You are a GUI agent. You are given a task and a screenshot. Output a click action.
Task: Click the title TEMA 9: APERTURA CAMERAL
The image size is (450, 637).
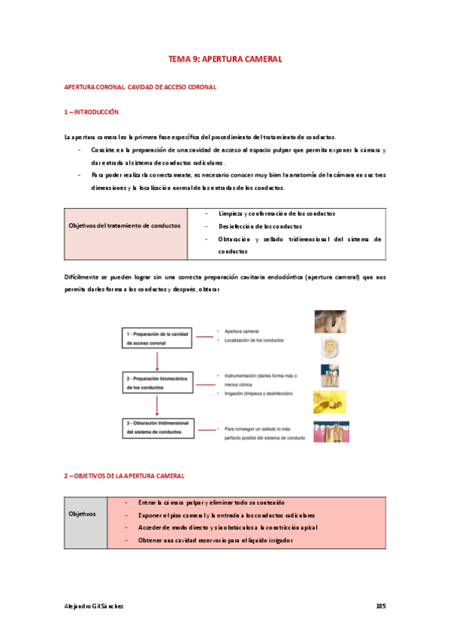225,59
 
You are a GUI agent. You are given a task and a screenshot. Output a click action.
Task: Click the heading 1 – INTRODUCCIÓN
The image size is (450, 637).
92,112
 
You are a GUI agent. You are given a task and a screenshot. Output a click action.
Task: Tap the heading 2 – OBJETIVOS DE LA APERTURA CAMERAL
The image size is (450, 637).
124,476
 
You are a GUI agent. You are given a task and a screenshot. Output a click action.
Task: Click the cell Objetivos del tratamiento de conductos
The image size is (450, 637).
125,225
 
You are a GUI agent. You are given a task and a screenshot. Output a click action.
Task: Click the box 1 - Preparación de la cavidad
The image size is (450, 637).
156,337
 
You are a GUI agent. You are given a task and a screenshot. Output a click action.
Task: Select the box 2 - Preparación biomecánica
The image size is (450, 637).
156,382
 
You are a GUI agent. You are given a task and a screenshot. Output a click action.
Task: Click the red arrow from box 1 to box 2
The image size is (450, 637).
156,358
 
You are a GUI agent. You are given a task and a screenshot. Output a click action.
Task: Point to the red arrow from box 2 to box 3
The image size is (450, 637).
156,404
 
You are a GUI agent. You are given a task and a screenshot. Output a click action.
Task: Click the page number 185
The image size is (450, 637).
380,605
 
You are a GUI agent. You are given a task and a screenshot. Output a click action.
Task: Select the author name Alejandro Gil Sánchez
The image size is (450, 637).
94,605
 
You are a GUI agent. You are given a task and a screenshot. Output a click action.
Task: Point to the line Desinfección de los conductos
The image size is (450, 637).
261,226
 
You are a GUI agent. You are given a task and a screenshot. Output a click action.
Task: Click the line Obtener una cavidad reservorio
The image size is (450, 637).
214,541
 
